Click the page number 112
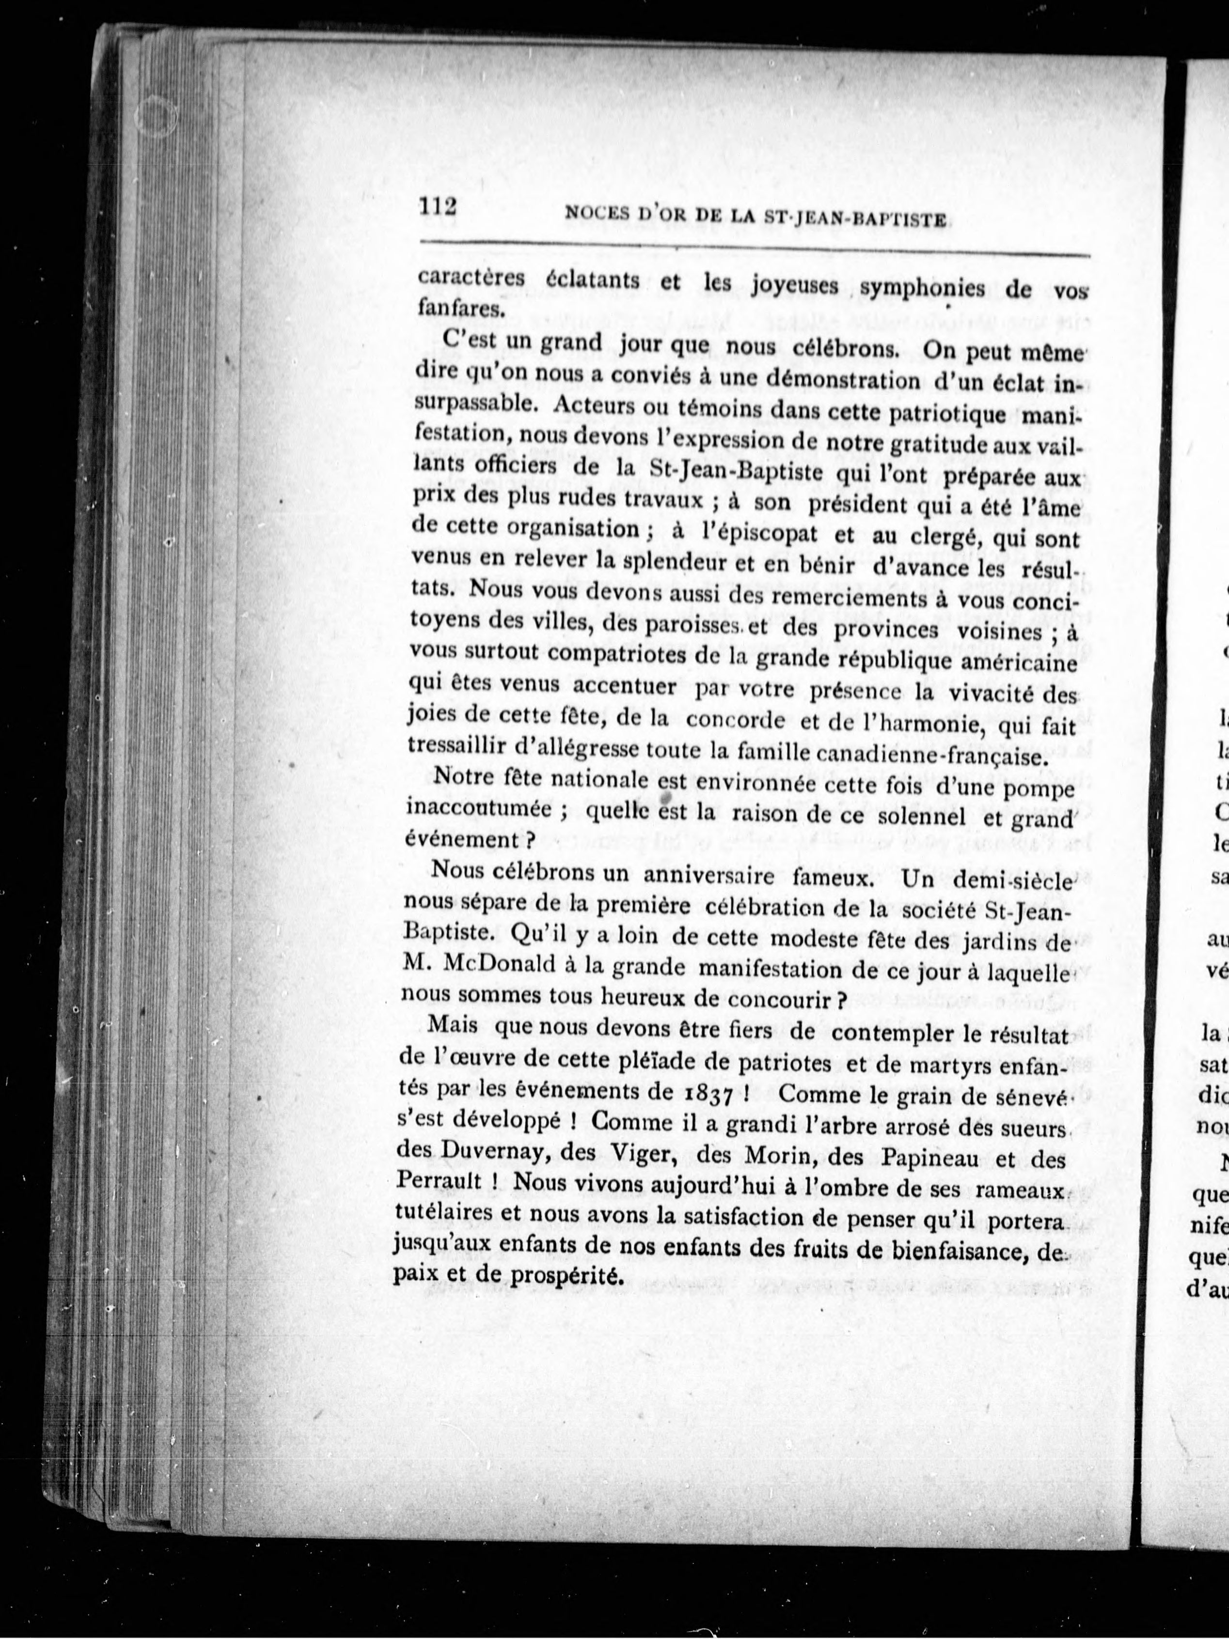click(x=437, y=207)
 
